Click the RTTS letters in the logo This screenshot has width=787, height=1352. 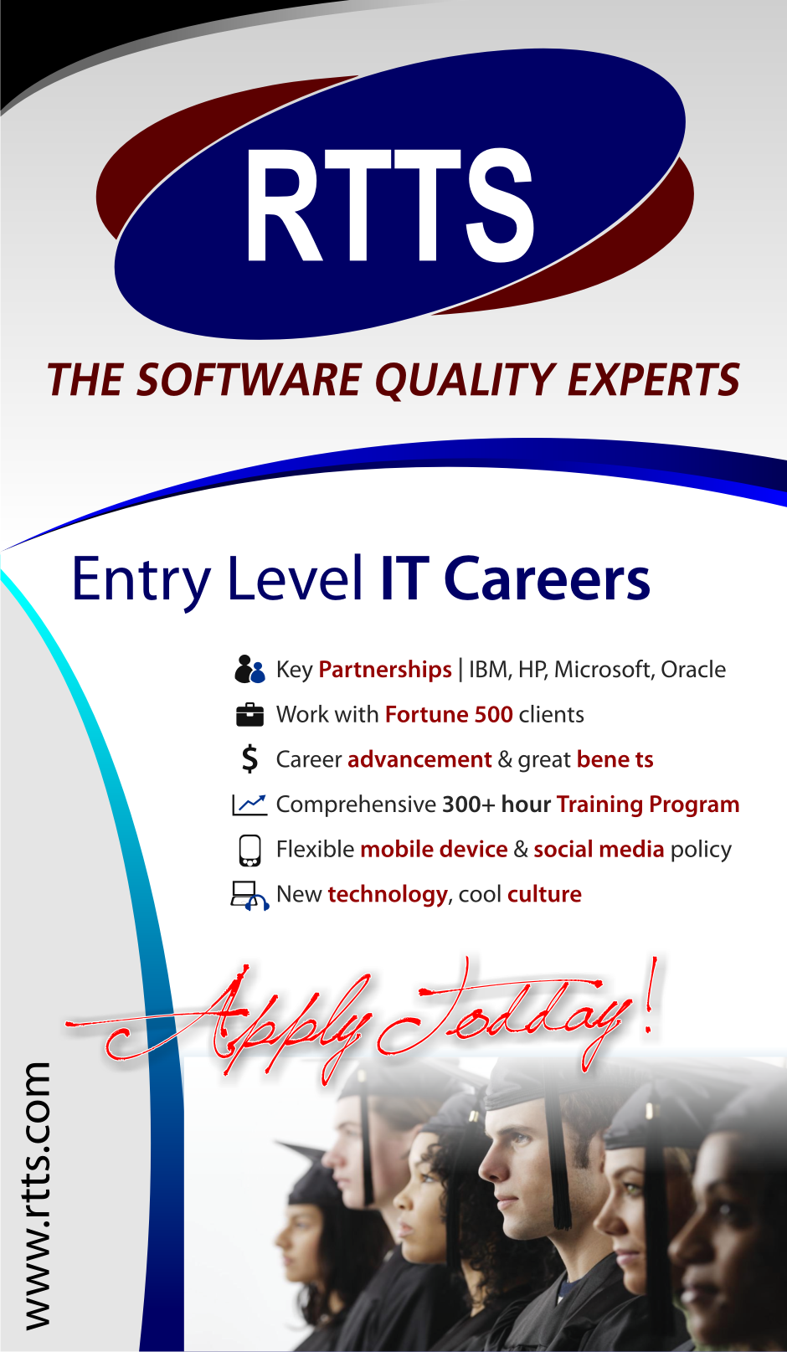pyautogui.click(x=389, y=205)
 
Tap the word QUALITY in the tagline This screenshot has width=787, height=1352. pyautogui.click(x=464, y=381)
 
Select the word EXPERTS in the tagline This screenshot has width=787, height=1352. pyautogui.click(x=654, y=379)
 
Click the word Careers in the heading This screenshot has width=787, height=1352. pyautogui.click(x=547, y=578)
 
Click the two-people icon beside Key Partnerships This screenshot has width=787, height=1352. pyautogui.click(x=249, y=670)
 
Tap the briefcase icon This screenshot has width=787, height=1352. pyautogui.click(x=249, y=715)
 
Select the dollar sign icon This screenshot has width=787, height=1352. pyautogui.click(x=249, y=759)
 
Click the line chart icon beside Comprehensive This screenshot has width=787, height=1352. pyautogui.click(x=249, y=805)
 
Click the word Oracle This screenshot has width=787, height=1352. pyautogui.click(x=693, y=670)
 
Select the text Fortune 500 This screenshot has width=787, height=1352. pyautogui.click(x=449, y=715)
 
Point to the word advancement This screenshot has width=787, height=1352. pyautogui.click(x=419, y=759)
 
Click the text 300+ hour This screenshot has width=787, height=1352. pyautogui.click(x=496, y=805)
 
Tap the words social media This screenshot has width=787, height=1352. pyautogui.click(x=599, y=849)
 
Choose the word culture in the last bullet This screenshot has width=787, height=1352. pyautogui.click(x=544, y=894)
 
